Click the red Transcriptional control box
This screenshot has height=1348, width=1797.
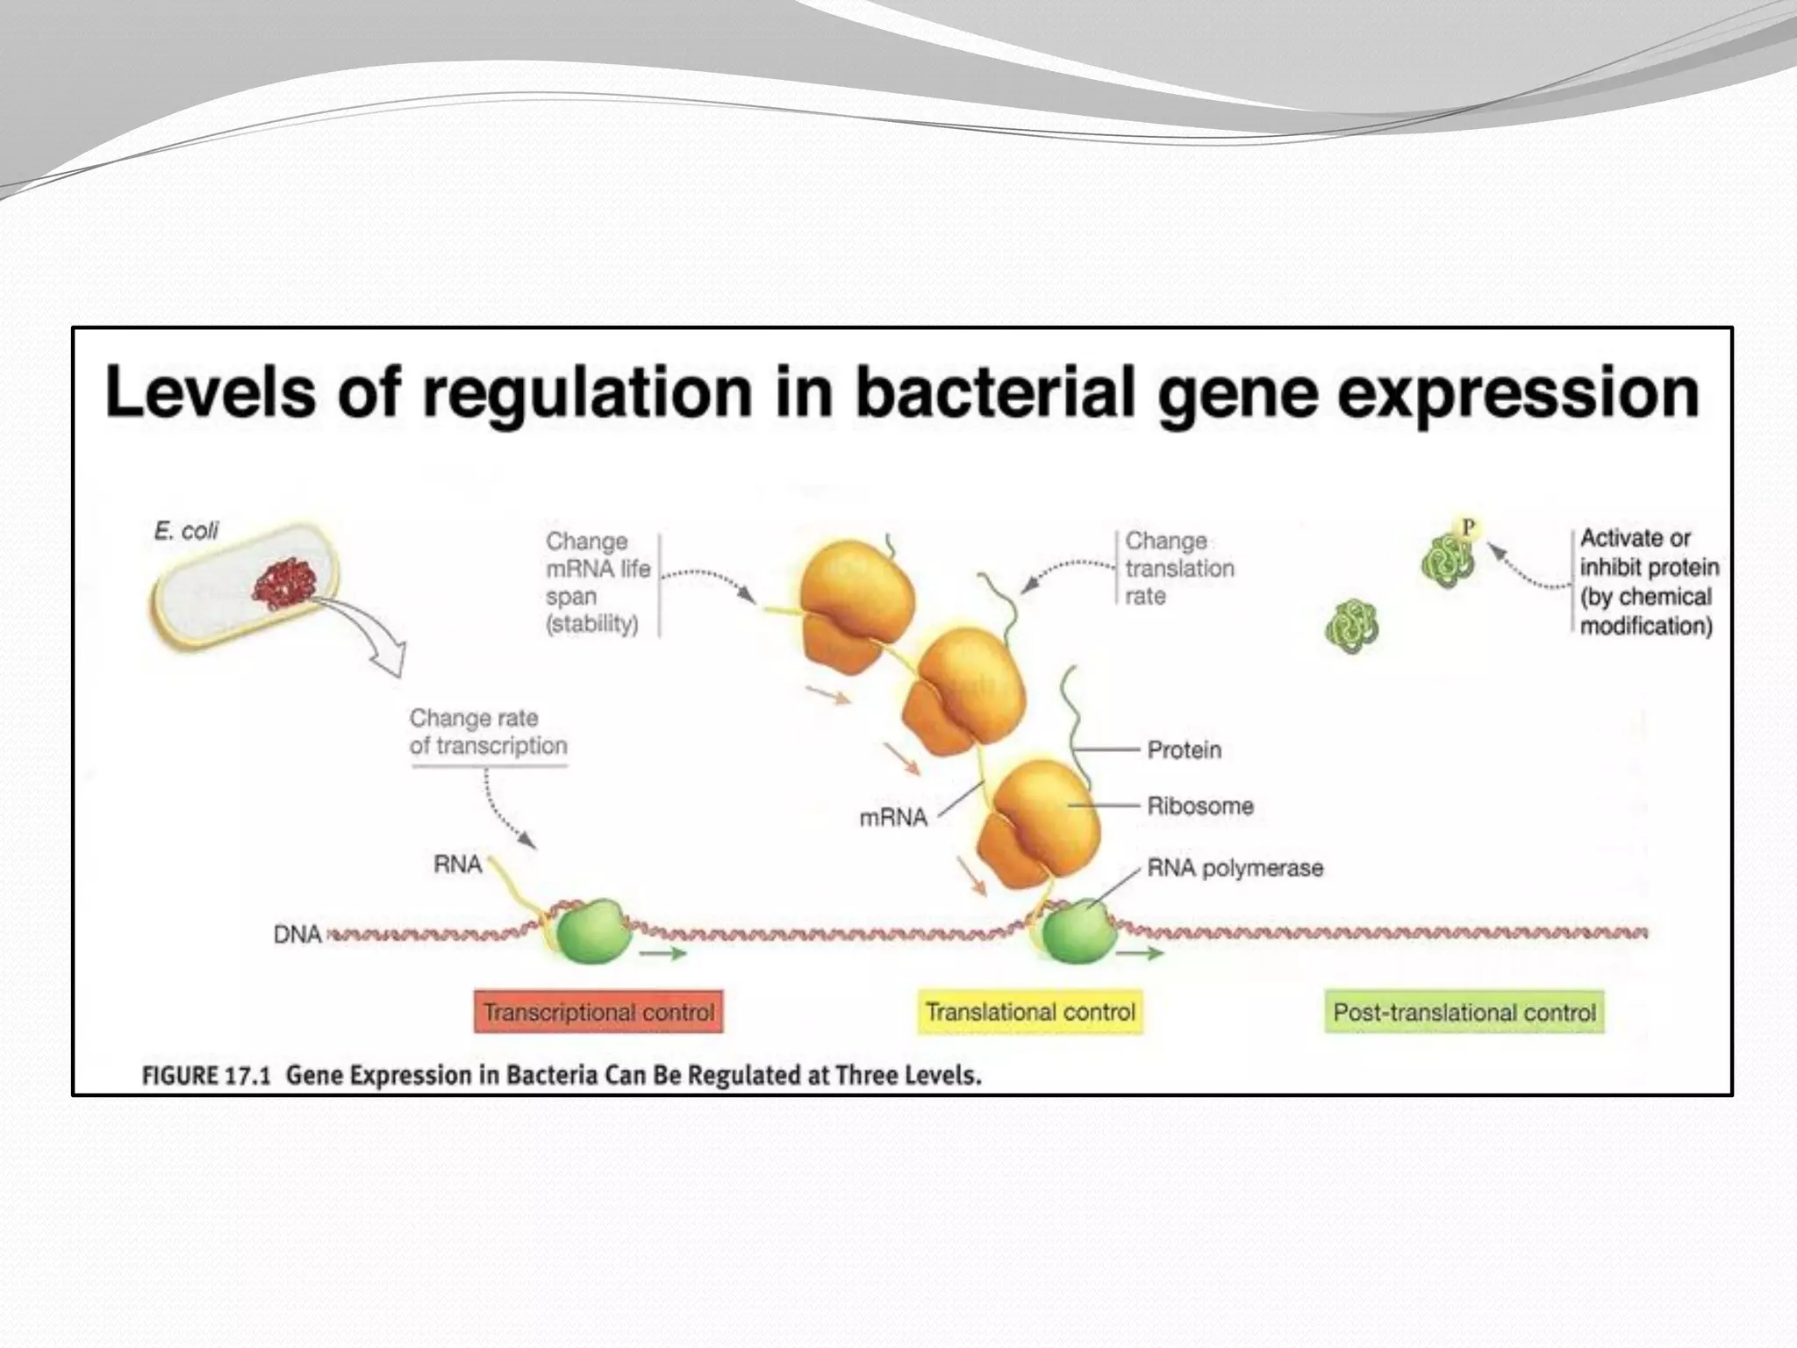click(598, 1012)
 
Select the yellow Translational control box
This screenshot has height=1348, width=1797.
click(1030, 1012)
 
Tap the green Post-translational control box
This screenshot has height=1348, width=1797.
click(1464, 1012)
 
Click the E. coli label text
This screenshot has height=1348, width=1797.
click(186, 531)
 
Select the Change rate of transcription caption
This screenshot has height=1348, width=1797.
click(488, 732)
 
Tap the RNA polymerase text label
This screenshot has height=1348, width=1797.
click(1235, 868)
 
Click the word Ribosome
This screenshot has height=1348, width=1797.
click(1199, 806)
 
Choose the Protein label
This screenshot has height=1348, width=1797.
click(1184, 749)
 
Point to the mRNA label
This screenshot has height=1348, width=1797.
click(892, 818)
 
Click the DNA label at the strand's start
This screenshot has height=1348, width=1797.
click(297, 934)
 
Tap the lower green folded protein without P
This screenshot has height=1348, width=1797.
click(1351, 627)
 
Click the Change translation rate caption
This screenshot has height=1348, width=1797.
click(1178, 568)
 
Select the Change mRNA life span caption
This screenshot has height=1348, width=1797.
click(597, 582)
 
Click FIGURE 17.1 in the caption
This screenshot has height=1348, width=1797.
click(205, 1075)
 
